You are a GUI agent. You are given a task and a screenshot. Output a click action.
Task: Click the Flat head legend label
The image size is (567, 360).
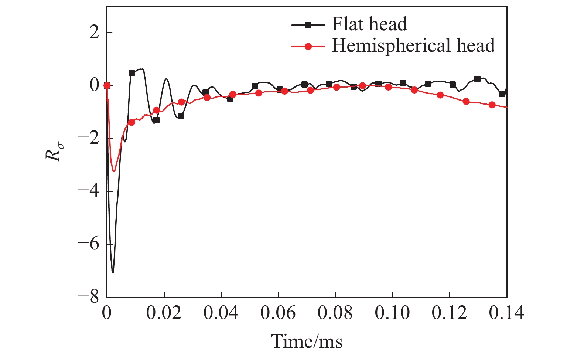tap(369, 24)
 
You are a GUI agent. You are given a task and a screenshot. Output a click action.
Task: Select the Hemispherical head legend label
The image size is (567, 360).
tap(413, 45)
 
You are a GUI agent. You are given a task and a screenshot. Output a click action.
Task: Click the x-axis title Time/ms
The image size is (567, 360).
tap(307, 341)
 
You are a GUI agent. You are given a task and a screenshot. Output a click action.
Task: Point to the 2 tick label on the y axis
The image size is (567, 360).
tap(95, 33)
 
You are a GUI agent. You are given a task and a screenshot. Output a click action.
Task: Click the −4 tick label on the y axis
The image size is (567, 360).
tap(89, 191)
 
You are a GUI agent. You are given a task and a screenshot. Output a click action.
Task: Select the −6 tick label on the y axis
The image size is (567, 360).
tap(89, 244)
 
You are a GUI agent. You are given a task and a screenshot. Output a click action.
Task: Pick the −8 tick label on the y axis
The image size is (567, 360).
tap(89, 297)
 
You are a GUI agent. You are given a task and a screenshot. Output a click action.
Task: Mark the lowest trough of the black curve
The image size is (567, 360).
tap(113, 272)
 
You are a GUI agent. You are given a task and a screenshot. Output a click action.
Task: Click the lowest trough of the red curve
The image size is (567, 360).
tap(114, 171)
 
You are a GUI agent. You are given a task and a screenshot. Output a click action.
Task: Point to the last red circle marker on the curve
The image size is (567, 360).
tap(492, 105)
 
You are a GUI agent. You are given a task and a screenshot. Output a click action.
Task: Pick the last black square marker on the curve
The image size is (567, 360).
tap(502, 94)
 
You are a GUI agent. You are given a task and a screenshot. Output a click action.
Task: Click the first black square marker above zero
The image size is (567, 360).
tap(131, 73)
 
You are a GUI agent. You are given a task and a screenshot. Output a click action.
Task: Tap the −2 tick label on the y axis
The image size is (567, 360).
tap(89, 139)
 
